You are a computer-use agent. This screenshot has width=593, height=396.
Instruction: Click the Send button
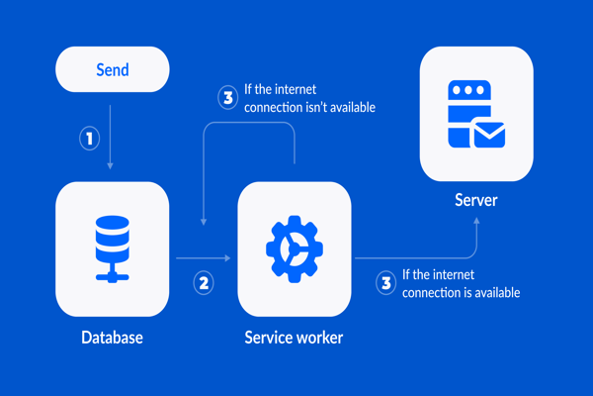coord(112,70)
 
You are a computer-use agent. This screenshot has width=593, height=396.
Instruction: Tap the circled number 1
coord(90,139)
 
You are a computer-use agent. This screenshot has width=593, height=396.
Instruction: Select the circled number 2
coord(204,282)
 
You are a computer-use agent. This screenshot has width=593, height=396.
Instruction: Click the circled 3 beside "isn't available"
coord(228,97)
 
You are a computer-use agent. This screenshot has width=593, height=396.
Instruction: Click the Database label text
coord(112,338)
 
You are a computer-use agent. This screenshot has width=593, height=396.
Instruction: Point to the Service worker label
coord(294,338)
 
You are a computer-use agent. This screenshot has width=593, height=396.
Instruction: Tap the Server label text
coord(476,201)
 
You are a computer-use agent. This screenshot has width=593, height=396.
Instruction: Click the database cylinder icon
coord(112,234)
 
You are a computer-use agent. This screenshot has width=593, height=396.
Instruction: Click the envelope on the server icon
coord(489,133)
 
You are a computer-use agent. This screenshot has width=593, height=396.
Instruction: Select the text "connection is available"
coord(461,292)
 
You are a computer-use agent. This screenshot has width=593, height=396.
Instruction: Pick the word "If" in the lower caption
coord(407,274)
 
